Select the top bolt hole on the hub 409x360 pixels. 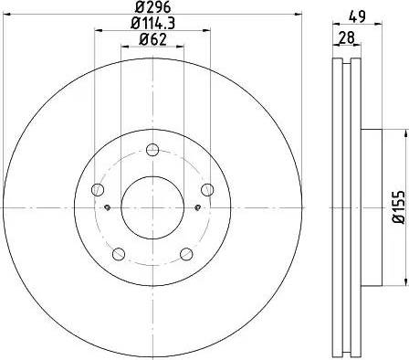coord(153,152)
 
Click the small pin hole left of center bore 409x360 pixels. coord(108,207)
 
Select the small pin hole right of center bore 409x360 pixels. coord(198,207)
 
